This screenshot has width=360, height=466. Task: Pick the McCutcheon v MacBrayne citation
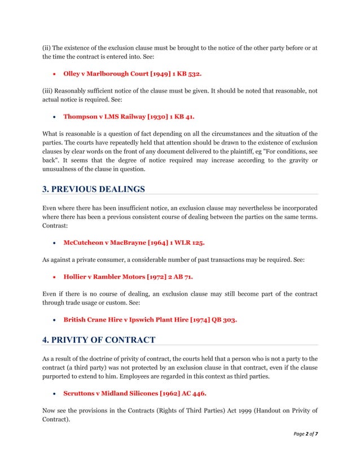(134, 243)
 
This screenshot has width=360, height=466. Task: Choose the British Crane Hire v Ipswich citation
(150, 319)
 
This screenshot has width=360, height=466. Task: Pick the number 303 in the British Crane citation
(228, 319)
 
